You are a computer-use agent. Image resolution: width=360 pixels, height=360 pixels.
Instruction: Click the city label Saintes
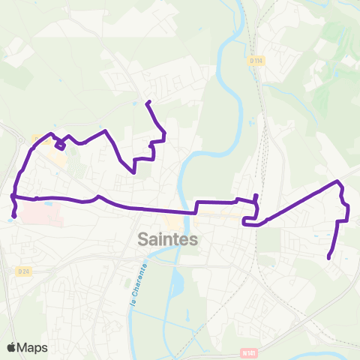tap(169, 239)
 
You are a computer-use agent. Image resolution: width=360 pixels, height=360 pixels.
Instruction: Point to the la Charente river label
tap(136, 284)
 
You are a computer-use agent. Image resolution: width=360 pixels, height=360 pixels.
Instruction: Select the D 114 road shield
tap(256, 59)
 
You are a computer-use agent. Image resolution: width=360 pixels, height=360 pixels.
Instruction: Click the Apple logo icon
tap(11, 347)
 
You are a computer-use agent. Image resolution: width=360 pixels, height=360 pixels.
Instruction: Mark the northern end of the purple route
tap(148, 102)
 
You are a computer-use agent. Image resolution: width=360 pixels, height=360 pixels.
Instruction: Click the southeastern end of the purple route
tap(329, 259)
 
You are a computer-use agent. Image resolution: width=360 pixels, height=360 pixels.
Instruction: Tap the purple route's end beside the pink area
tap(13, 217)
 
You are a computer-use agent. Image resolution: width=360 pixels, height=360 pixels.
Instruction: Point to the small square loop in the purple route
tap(59, 145)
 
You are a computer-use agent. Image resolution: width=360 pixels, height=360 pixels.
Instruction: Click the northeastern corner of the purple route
tap(338, 182)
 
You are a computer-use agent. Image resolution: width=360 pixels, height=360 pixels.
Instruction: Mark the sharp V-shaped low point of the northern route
tap(133, 172)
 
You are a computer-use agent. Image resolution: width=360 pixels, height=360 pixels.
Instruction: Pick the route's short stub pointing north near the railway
tap(256, 196)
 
